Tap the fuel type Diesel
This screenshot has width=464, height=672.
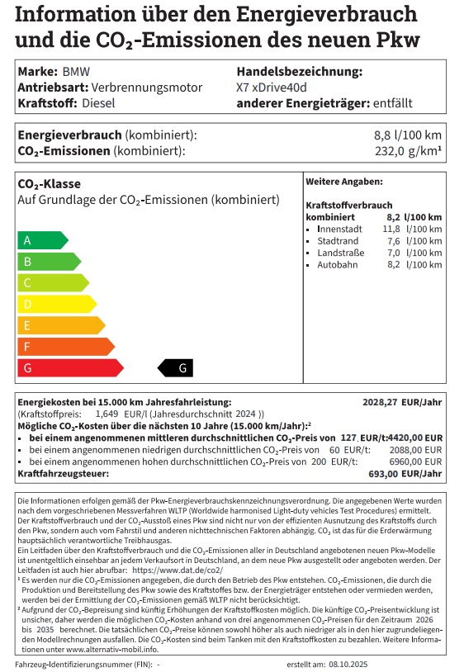click(99, 103)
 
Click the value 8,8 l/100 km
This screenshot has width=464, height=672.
click(407, 135)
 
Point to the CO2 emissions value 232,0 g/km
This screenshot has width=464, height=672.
click(407, 151)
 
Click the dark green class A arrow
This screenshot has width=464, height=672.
click(41, 240)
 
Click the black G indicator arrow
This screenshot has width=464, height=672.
click(178, 368)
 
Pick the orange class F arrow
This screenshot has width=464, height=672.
click(64, 347)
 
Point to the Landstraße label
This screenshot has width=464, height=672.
click(339, 253)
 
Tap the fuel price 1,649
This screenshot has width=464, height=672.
click(107, 414)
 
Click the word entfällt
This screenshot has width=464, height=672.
click(391, 103)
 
